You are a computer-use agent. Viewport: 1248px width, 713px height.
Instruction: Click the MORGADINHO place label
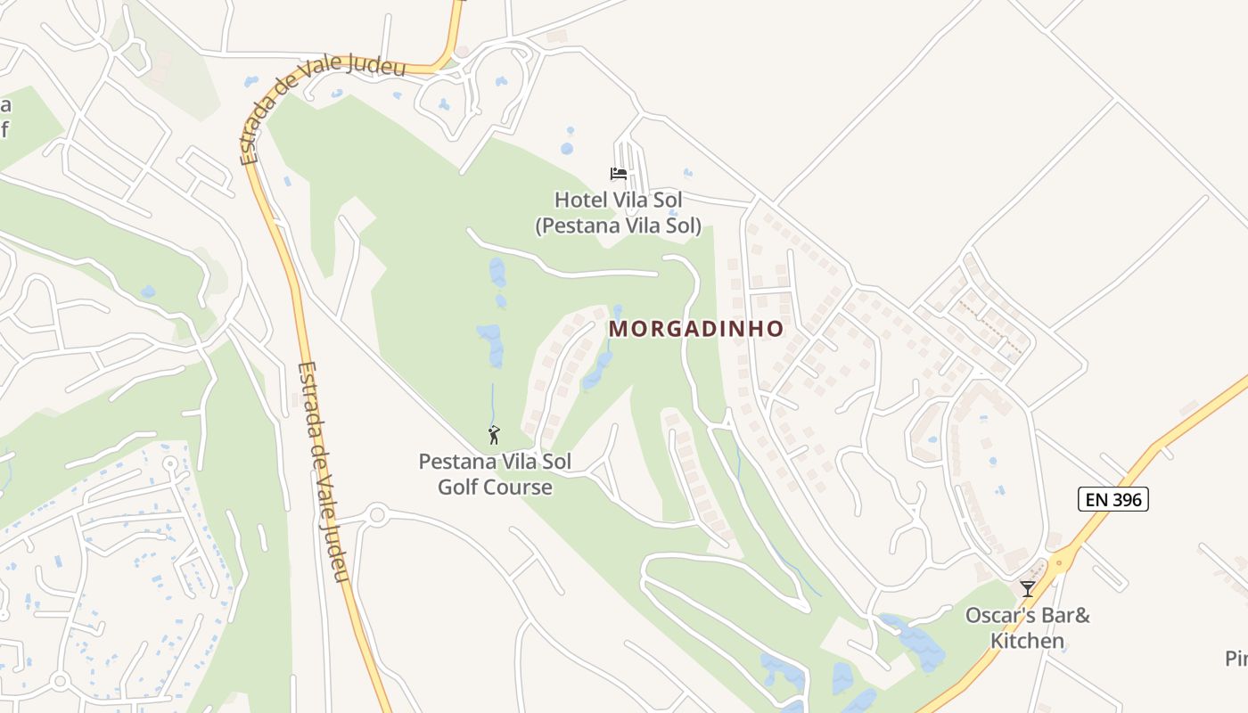[696, 329]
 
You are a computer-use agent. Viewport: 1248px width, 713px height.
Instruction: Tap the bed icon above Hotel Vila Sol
[619, 174]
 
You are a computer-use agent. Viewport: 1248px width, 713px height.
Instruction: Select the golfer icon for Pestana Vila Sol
[494, 436]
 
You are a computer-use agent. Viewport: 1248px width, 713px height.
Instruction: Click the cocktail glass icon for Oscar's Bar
[1028, 589]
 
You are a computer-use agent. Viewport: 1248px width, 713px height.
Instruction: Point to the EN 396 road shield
[1113, 499]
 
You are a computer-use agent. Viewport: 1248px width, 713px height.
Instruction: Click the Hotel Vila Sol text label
[618, 200]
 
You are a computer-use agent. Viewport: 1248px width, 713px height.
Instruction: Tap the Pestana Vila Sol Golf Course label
[495, 474]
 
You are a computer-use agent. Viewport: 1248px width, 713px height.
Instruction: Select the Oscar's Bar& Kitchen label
[1028, 627]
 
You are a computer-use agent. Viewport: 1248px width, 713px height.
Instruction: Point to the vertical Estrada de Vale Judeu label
[322, 471]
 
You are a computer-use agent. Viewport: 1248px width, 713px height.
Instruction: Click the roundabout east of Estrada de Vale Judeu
[377, 514]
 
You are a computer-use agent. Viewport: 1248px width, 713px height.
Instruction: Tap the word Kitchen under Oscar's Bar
[1028, 641]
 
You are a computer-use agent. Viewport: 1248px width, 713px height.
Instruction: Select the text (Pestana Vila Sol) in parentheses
[618, 226]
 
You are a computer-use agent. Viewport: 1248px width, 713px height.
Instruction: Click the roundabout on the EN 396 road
[1061, 559]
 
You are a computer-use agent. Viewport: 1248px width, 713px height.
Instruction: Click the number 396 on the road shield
[1128, 499]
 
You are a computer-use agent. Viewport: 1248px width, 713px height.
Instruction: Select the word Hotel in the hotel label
[579, 200]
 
